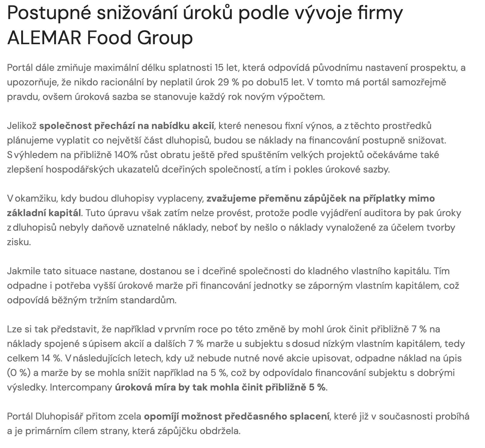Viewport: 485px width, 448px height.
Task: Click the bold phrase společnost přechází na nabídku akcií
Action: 127,126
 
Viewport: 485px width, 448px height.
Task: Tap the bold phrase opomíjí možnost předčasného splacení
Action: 236,416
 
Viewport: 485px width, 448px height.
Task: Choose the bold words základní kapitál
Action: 44,213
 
